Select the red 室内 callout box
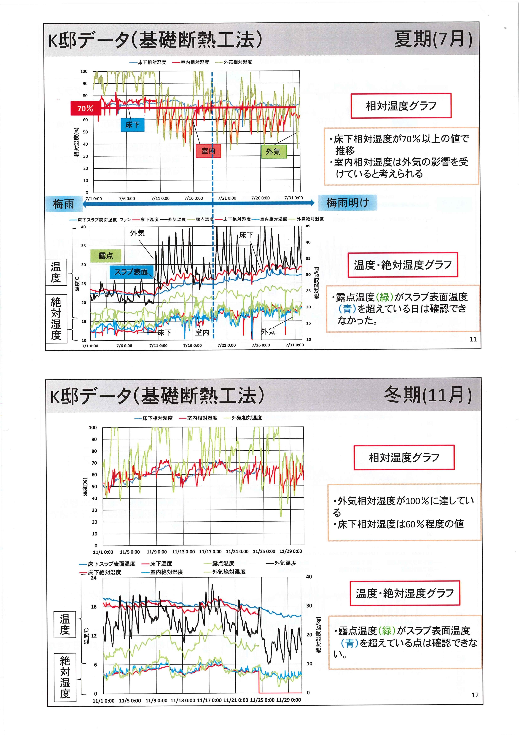[x=208, y=151]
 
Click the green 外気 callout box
[x=273, y=151]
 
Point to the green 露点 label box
[x=106, y=256]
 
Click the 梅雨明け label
[x=347, y=203]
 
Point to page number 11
[x=473, y=339]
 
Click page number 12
[x=475, y=695]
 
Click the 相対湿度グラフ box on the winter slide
[x=404, y=457]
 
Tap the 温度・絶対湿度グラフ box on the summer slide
[x=403, y=265]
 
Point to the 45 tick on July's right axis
[x=308, y=226]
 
